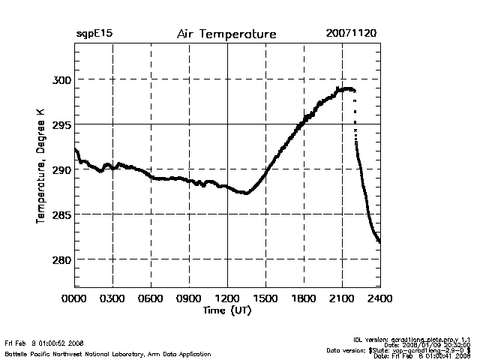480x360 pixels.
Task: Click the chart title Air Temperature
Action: point(226,34)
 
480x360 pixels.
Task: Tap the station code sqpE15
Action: point(94,34)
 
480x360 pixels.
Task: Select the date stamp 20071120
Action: point(352,34)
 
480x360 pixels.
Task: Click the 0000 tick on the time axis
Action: point(74,299)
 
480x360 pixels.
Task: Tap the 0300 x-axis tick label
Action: point(112,299)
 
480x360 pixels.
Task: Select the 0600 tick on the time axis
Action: point(151,299)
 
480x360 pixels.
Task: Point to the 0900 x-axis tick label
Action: point(189,299)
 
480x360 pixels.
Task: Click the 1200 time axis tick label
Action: point(227,299)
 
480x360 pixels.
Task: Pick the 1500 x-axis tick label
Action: point(265,299)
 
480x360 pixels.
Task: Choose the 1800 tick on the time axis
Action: point(304,299)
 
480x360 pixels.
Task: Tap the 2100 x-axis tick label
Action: point(342,299)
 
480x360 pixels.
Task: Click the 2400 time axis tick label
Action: point(380,299)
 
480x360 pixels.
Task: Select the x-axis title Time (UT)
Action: point(226,310)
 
